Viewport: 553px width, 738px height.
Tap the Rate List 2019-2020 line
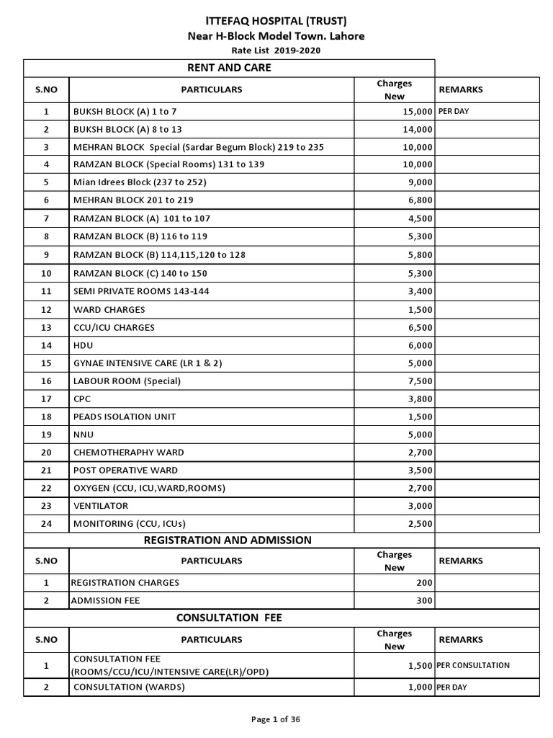click(x=276, y=50)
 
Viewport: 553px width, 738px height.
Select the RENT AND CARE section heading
click(x=228, y=68)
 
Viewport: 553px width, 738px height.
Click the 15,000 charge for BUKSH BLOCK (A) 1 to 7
click(x=418, y=112)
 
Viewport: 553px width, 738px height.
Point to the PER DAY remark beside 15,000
click(x=454, y=112)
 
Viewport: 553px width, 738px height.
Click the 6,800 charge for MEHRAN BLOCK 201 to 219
click(x=421, y=200)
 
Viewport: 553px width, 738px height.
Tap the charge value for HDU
click(x=421, y=345)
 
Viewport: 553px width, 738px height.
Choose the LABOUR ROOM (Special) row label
click(x=127, y=381)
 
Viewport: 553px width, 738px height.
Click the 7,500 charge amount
click(x=421, y=381)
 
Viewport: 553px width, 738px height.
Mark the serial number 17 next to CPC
click(x=46, y=399)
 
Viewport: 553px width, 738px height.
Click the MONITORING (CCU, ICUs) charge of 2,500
click(x=421, y=524)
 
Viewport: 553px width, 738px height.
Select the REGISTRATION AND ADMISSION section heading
click(x=228, y=540)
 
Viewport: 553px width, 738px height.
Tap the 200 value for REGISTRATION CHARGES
click(x=424, y=582)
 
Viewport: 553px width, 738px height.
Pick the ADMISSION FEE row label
click(x=105, y=600)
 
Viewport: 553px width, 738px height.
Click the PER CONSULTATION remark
click(x=473, y=665)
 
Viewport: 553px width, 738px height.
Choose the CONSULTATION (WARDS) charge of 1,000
click(x=421, y=687)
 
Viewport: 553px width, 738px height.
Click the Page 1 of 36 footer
click(x=276, y=719)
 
